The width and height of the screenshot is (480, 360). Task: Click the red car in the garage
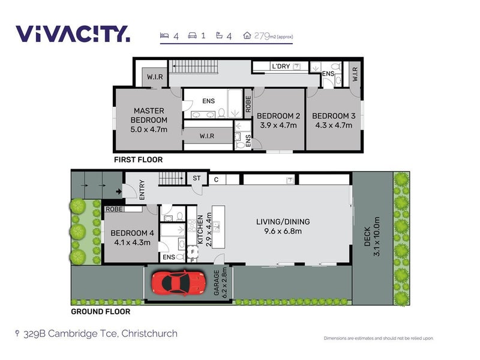click(x=178, y=283)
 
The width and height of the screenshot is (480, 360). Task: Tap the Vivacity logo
click(x=73, y=34)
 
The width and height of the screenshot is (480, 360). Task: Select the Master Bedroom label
click(x=149, y=115)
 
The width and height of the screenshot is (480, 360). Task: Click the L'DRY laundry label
click(x=281, y=66)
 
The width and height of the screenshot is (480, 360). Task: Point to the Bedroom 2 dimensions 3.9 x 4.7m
click(x=278, y=125)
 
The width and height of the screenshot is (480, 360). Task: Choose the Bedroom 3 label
click(x=334, y=116)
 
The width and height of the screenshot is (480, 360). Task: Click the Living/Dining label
click(x=283, y=221)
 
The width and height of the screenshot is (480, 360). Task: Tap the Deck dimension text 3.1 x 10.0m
click(x=377, y=236)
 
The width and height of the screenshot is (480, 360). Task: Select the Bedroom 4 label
click(x=132, y=233)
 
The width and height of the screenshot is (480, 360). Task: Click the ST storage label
click(x=197, y=178)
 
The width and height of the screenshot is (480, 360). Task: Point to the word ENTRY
click(x=142, y=190)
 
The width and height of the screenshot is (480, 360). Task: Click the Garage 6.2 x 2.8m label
click(x=220, y=283)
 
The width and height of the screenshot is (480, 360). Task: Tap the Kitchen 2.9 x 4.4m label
click(x=205, y=230)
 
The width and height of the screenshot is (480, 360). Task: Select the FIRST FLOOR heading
click(x=139, y=160)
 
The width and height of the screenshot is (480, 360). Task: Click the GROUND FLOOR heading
click(x=101, y=311)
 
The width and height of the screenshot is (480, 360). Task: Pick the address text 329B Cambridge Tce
click(x=70, y=334)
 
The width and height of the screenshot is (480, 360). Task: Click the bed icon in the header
click(x=164, y=35)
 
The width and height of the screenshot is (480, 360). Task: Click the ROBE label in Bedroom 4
click(x=114, y=209)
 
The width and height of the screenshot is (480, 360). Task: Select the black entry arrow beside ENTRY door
click(x=119, y=191)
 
